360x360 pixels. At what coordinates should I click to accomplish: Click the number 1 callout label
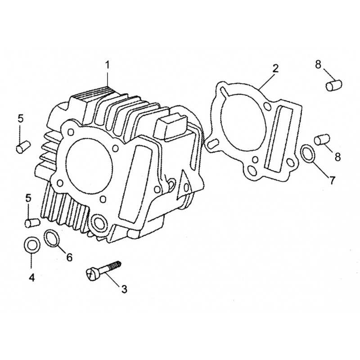pos(108,65)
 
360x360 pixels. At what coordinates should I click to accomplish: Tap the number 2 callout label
pos(276,68)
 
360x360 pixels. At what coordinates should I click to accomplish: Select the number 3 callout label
pos(124,289)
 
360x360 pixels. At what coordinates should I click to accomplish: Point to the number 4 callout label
pos(31,278)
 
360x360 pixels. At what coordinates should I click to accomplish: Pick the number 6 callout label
pos(69,257)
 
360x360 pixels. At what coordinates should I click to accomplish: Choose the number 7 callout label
pos(332,180)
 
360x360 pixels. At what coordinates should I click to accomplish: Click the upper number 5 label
pos(21,119)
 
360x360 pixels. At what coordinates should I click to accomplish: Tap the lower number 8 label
pos(337,157)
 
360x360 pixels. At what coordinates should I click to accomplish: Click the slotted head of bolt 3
pos(92,274)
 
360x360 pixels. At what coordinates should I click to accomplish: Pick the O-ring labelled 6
pos(51,238)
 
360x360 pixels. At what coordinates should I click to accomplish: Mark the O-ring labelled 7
pos(307,153)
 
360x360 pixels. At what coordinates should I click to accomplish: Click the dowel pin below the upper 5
pos(23,147)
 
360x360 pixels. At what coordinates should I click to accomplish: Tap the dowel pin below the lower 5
pos(32,223)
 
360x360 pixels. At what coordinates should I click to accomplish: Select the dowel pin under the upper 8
pos(334,85)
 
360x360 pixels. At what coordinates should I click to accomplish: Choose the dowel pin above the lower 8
pos(322,139)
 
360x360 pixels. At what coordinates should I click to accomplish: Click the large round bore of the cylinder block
pos(89,166)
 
